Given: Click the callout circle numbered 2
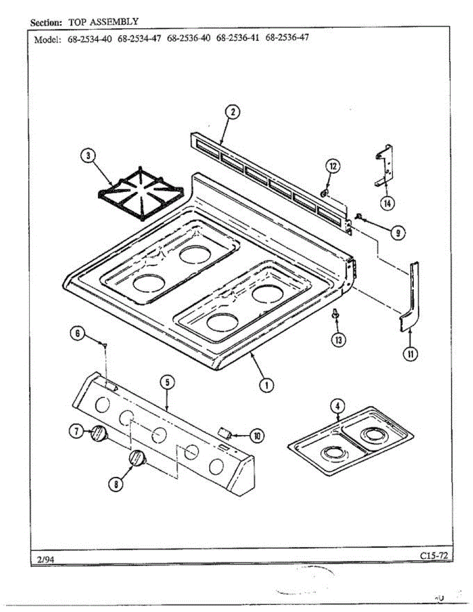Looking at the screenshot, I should pos(232,112).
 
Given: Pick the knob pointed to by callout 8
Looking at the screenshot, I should pos(137,458).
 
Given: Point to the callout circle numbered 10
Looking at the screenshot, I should pos(256,435).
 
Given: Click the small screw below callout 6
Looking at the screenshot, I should pos(105,346).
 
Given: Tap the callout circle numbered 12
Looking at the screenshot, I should pos(333,166).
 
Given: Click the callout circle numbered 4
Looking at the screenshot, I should pos(336,406).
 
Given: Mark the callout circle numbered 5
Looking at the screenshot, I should pos(167,382).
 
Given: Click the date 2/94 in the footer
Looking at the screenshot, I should pos(46,559).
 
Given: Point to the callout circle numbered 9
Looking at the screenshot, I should pos(398,233).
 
